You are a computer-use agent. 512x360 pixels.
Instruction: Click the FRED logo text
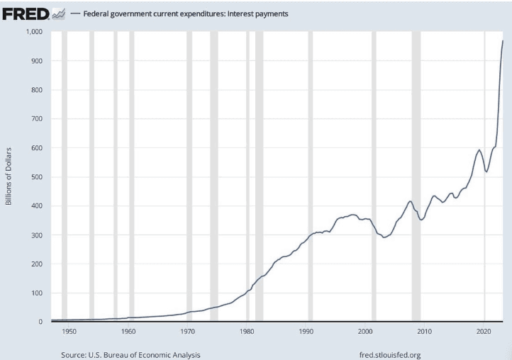click(26, 13)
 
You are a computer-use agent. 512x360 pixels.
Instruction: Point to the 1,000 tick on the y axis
click(34, 32)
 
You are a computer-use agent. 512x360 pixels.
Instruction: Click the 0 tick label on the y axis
click(41, 322)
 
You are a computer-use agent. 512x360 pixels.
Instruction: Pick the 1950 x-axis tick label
click(69, 332)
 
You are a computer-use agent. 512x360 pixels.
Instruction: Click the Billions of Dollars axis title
click(9, 176)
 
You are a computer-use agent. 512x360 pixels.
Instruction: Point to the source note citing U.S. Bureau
click(130, 354)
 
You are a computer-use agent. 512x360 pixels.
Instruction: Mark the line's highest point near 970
click(503, 41)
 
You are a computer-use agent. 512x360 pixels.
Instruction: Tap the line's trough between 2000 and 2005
click(384, 237)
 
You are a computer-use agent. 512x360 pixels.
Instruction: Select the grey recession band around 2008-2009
click(416, 177)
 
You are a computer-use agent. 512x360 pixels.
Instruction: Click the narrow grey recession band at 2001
click(374, 177)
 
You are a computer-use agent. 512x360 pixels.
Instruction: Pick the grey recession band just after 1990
click(311, 177)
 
